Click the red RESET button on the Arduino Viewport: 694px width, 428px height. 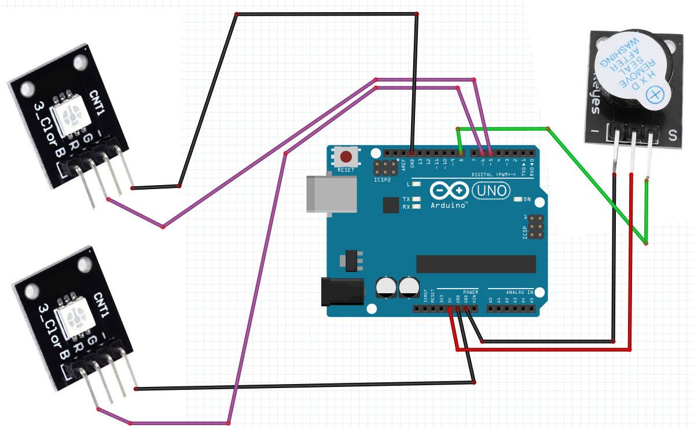point(346,157)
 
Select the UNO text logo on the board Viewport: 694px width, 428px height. point(492,190)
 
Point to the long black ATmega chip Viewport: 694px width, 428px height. point(475,263)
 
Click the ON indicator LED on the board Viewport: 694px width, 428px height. point(518,200)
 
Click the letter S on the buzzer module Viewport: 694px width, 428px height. point(673,136)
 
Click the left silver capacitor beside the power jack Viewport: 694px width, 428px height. point(386,287)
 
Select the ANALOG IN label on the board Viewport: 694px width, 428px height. point(519,293)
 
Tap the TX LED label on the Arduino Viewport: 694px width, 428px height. point(406,198)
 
